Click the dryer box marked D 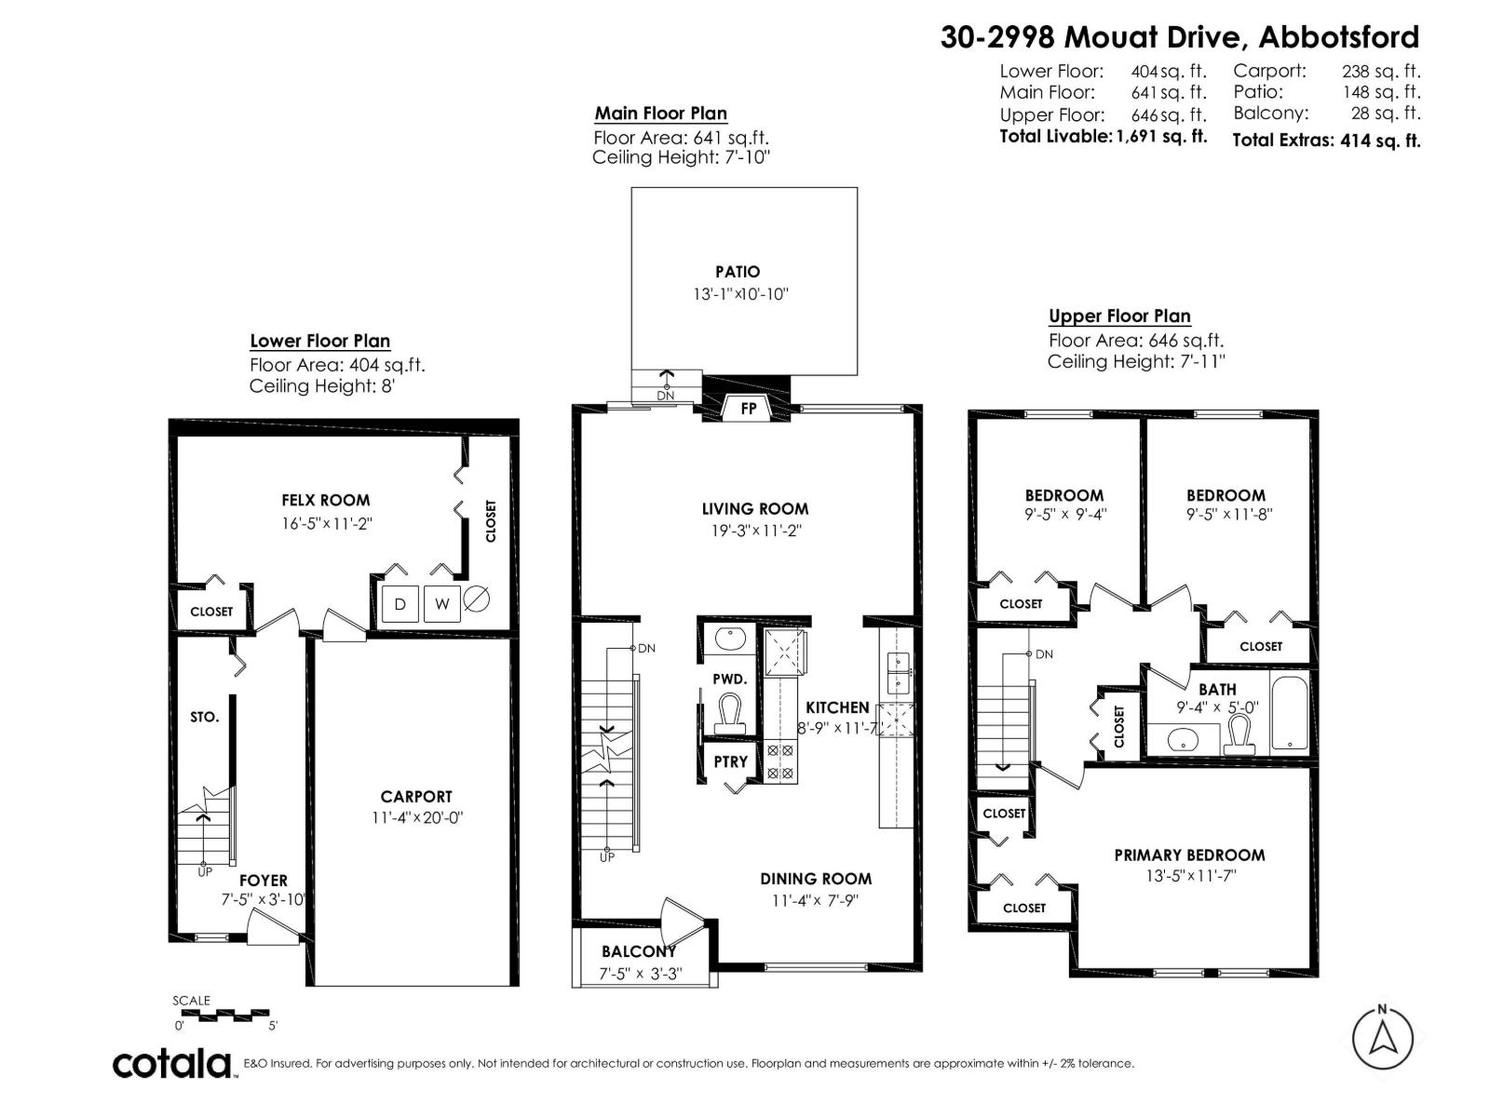point(400,604)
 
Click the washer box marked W point(442,604)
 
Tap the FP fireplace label point(749,408)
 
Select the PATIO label point(738,272)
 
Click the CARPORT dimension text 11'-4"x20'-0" point(416,818)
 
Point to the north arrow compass point(1383,1036)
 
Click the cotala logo point(173,1063)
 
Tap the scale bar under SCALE point(222,1014)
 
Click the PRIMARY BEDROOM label point(1189,855)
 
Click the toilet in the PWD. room point(729,715)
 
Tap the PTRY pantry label point(731,761)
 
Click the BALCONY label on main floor point(639,951)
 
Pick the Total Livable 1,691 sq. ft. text point(1103,136)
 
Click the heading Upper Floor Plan point(1119,316)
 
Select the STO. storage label point(205,717)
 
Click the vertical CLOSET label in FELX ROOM point(491,521)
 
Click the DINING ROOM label point(816,879)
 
